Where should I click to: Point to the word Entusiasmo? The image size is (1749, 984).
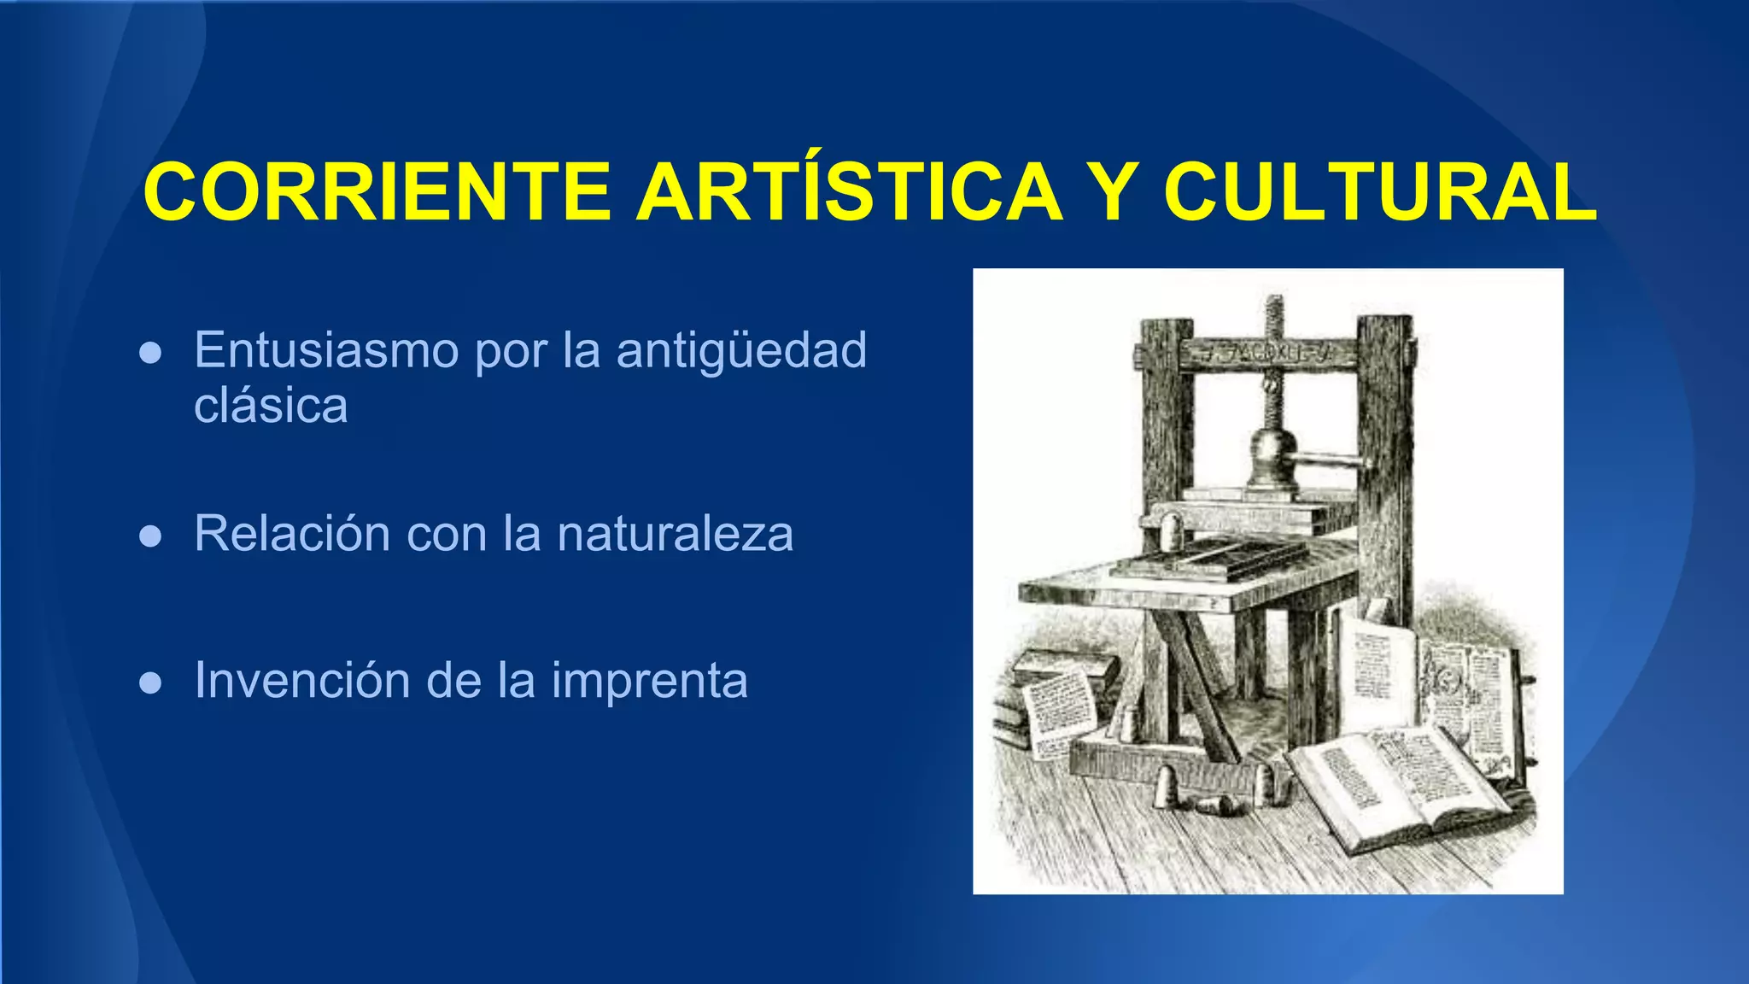coord(327,349)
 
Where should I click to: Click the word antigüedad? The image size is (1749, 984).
coord(741,351)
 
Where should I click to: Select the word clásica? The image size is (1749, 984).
coord(271,405)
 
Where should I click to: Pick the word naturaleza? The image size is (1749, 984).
coord(675,533)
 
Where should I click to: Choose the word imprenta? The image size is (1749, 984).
coord(649,682)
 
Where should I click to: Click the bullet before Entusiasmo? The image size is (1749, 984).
coord(150,353)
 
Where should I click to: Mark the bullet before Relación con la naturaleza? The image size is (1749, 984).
coord(150,536)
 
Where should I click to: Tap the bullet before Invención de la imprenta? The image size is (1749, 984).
coord(150,682)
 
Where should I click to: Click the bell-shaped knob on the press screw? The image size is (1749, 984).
coord(1272,453)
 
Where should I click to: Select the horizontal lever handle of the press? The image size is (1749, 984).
coord(1332,463)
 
